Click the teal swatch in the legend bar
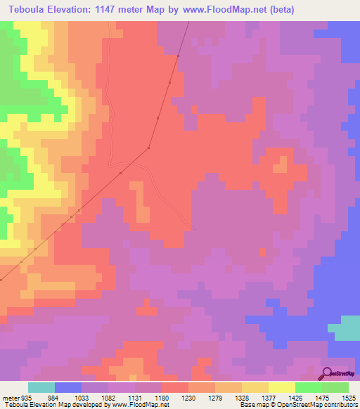click(41, 387)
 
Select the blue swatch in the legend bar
click(68, 387)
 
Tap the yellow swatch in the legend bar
click(282, 387)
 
